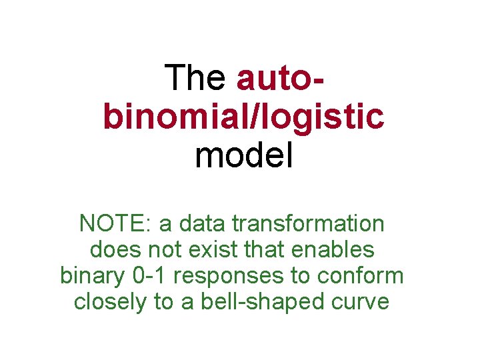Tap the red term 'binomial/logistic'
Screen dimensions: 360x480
(244, 117)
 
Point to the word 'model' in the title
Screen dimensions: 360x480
(244, 156)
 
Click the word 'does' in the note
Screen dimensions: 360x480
(115, 250)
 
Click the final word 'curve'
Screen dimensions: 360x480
(363, 301)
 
